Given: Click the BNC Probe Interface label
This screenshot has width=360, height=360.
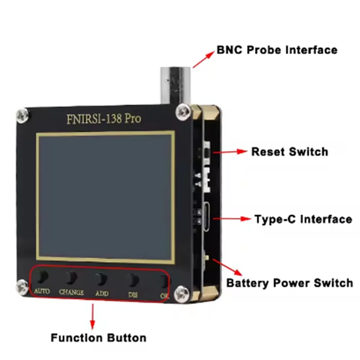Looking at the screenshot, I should pos(277,49).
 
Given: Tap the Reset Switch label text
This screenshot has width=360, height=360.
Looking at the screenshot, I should pos(289,152).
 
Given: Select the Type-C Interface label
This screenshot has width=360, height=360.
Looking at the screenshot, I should pos(303,219).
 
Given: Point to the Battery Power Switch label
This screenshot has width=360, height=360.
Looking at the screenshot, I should pos(289,283).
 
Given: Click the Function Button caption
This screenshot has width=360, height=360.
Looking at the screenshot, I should pos(98,337).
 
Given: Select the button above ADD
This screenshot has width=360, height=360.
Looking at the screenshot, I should pos(102,279).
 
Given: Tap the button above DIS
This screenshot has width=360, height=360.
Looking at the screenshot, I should pos(132,279).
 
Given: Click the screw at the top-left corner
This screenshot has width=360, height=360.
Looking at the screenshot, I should pos(22,115).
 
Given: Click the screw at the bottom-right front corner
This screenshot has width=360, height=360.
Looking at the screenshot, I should pos(182,291).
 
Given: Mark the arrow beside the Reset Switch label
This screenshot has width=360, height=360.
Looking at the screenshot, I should pos(230,152).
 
